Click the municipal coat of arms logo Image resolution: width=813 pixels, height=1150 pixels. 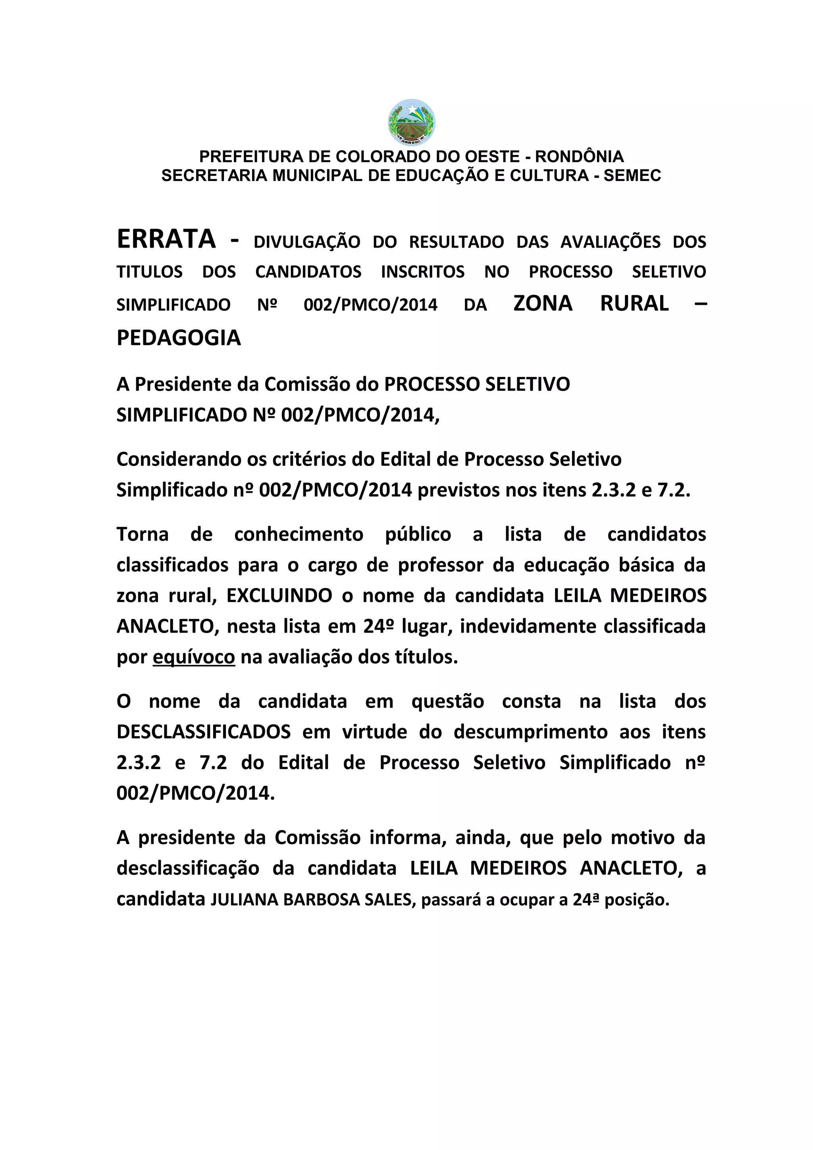pos(411,122)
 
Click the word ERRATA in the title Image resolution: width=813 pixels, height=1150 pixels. pos(166,239)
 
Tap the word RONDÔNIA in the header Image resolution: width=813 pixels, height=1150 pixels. pos(580,156)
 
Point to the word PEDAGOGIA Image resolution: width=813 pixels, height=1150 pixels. pos(179,338)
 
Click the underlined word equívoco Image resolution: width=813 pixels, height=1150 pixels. pos(193,657)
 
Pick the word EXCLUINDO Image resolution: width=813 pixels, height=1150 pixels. pos(279,596)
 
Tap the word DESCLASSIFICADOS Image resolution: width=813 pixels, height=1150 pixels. pos(203,732)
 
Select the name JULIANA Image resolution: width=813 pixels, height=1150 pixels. pos(244,900)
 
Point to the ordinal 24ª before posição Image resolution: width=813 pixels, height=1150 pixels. pos(586,900)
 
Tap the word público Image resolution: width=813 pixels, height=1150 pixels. pos(418,535)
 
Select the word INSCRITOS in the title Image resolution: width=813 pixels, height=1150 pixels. pos(422,271)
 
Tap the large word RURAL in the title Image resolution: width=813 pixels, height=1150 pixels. pos(634,304)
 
